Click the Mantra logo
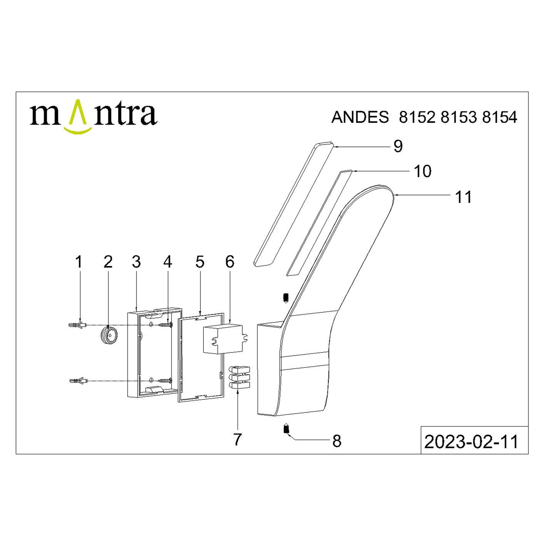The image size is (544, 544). click(x=93, y=116)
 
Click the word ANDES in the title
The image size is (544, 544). click(x=360, y=117)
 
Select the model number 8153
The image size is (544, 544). click(x=458, y=117)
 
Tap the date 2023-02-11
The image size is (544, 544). click(x=471, y=442)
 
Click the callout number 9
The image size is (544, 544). click(x=398, y=146)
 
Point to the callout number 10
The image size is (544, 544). click(x=423, y=171)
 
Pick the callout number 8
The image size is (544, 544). click(x=337, y=441)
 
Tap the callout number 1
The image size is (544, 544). click(x=79, y=262)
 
